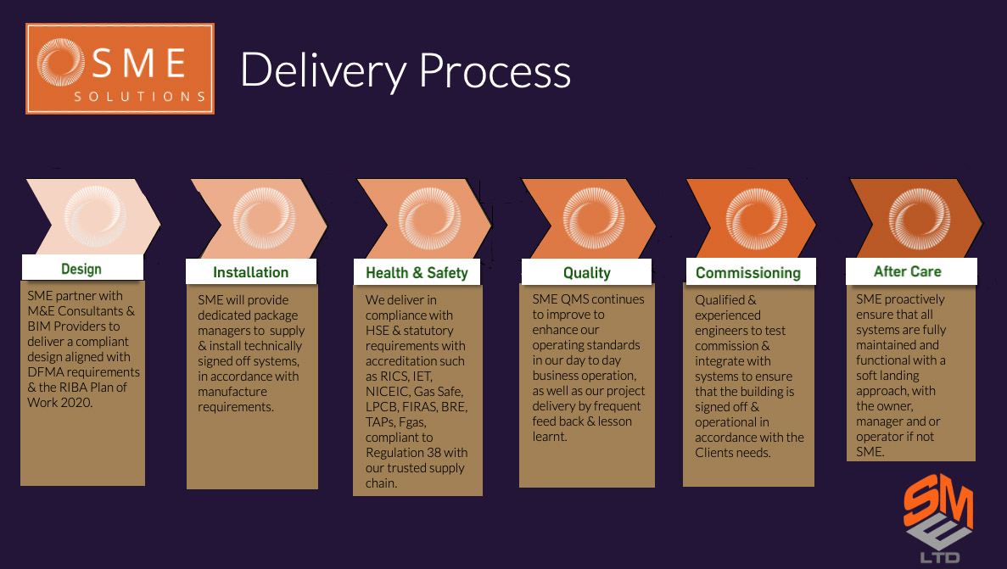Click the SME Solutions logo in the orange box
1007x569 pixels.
pyautogui.click(x=120, y=69)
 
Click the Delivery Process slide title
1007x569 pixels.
pyautogui.click(x=405, y=70)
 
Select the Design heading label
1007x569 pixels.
pyautogui.click(x=81, y=269)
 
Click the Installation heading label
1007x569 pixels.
pyautogui.click(x=250, y=272)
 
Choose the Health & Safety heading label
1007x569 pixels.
pyautogui.click(x=417, y=272)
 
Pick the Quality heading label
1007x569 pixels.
pyautogui.click(x=586, y=272)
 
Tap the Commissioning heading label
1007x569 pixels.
pyautogui.click(x=747, y=272)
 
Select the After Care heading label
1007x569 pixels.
pyautogui.click(x=907, y=271)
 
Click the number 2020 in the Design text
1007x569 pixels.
pyautogui.click(x=77, y=403)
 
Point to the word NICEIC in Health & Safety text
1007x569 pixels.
pyautogui.click(x=386, y=392)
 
